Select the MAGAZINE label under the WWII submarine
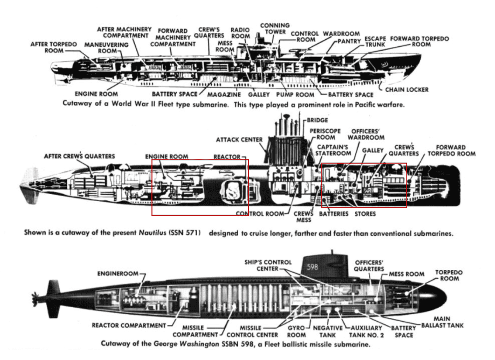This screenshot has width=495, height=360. [x=222, y=94]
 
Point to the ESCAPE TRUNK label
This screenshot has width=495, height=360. [x=375, y=43]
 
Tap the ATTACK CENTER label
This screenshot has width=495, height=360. [x=239, y=140]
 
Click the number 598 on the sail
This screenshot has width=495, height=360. [x=313, y=267]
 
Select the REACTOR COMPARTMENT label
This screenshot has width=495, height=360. [x=129, y=325]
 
